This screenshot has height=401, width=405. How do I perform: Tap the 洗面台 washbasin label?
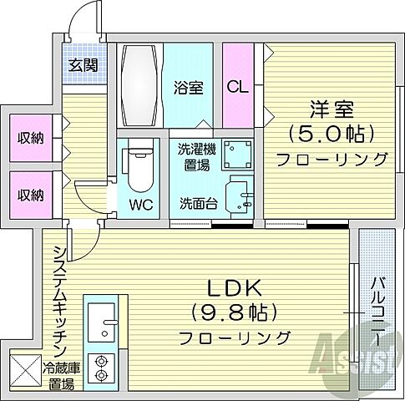click(x=199, y=201)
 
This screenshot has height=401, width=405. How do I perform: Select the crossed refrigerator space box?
click(x=25, y=369)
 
